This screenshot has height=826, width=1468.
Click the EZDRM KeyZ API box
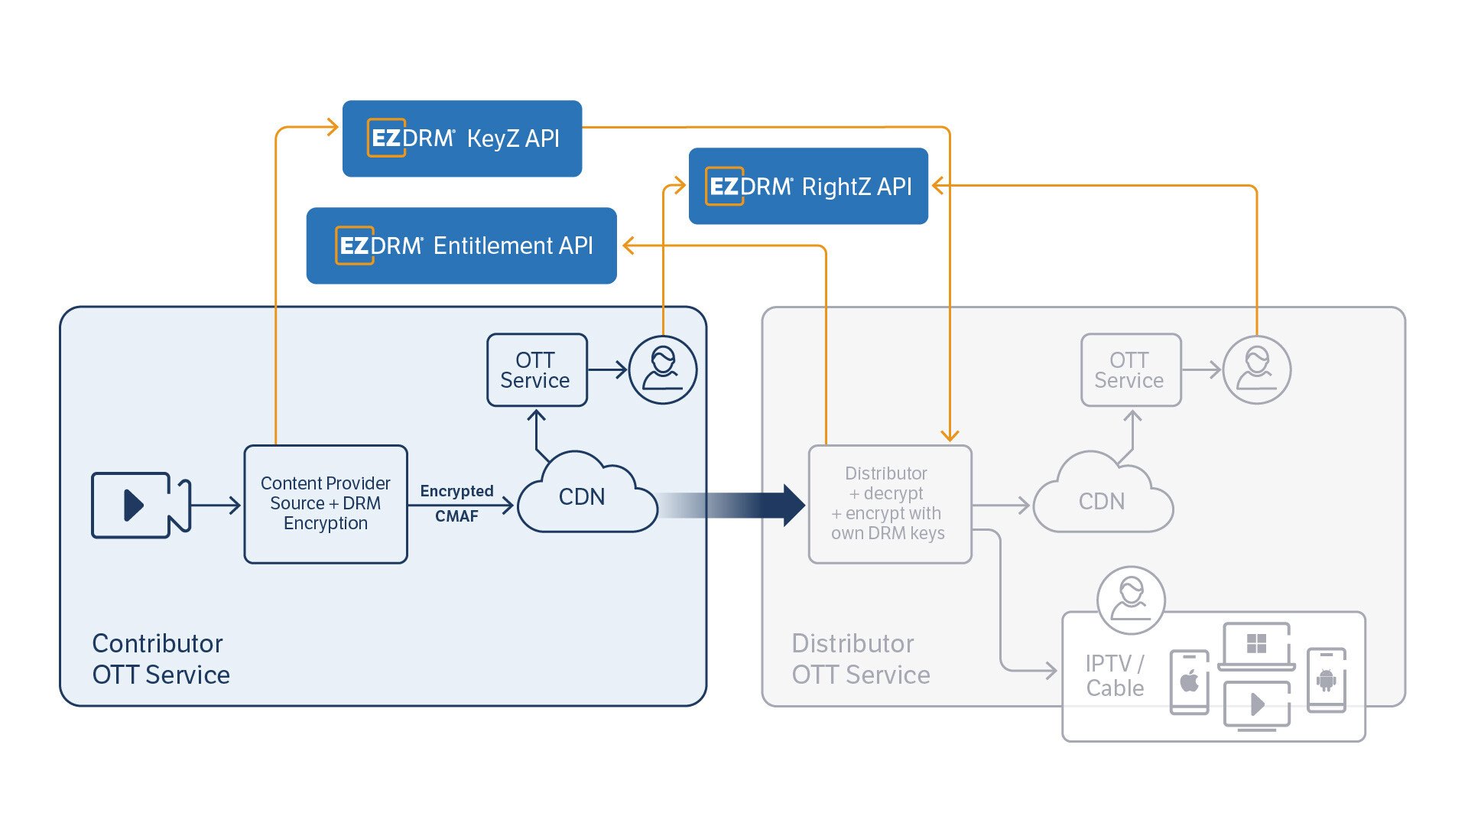tap(462, 138)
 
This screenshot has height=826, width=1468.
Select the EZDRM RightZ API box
tap(808, 186)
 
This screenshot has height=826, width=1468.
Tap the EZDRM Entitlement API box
tap(461, 246)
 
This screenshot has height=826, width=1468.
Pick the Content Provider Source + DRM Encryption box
tap(326, 504)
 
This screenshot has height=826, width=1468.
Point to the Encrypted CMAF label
tap(456, 503)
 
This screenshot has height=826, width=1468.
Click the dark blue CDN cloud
tap(584, 497)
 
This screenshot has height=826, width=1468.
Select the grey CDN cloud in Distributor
tap(1102, 501)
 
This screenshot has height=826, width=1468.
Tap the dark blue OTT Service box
tap(537, 370)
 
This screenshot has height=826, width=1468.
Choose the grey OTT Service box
tap(1130, 370)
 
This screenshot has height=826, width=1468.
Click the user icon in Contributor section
tap(662, 369)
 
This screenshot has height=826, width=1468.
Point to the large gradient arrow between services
tap(734, 506)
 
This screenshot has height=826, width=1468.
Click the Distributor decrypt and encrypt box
tap(889, 504)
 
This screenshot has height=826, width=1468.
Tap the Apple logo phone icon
tap(1190, 681)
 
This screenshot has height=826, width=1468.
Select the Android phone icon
tap(1327, 680)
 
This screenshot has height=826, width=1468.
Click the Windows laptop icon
tap(1256, 646)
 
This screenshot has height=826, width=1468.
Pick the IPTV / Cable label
tap(1115, 675)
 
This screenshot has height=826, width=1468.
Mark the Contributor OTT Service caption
tap(161, 659)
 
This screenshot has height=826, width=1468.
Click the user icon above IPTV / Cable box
tap(1130, 600)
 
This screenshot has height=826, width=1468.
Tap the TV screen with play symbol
tap(1256, 704)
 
